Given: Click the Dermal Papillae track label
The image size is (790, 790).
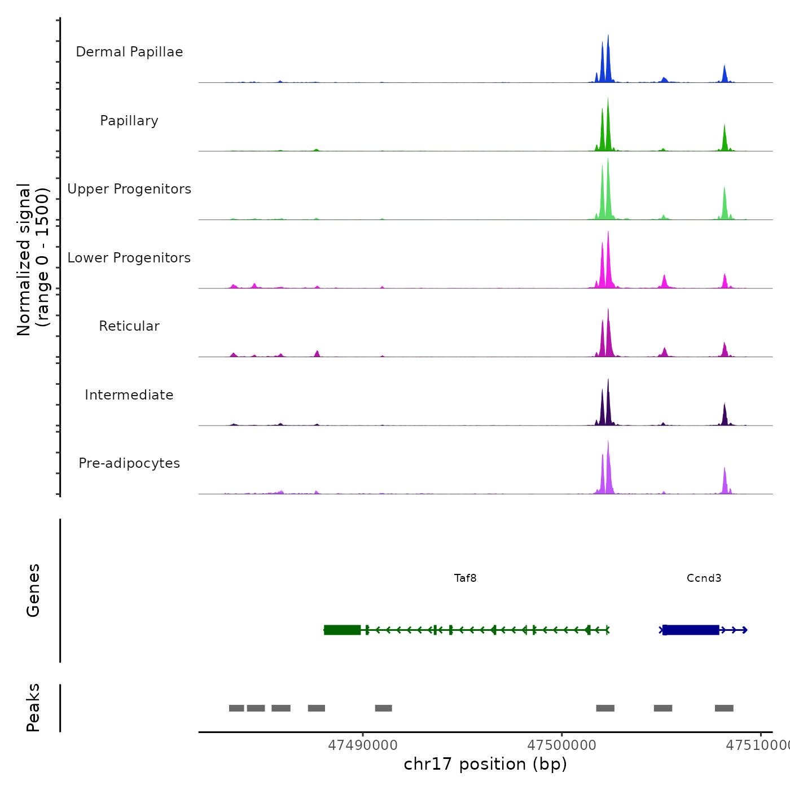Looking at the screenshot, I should [x=129, y=52].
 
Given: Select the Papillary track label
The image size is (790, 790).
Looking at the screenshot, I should [x=129, y=121].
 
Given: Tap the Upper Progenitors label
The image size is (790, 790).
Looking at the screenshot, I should [x=129, y=189].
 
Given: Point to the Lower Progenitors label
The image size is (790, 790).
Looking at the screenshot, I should [x=129, y=258].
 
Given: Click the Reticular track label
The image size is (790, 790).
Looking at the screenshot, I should [x=129, y=326].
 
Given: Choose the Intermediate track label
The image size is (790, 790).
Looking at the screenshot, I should [x=129, y=395].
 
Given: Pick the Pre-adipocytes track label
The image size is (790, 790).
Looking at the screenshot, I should [x=129, y=463].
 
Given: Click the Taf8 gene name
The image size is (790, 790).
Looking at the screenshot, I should [x=466, y=578].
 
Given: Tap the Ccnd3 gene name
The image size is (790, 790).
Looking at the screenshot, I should [x=704, y=578].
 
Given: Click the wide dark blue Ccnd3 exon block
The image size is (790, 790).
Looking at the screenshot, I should [x=691, y=630].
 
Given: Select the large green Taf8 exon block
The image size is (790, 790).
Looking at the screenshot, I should [x=343, y=630].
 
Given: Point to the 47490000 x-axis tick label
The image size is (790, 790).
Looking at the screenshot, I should [x=363, y=745].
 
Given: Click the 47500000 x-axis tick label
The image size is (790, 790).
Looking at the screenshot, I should [x=561, y=745].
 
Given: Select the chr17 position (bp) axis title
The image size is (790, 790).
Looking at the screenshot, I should [x=485, y=764].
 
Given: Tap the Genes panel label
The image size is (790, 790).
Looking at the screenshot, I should [x=33, y=590].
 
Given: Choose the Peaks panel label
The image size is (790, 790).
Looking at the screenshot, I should [x=33, y=708].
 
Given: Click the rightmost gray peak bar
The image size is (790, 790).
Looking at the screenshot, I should [x=724, y=708].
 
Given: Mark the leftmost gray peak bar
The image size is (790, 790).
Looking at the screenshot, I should [x=236, y=708].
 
